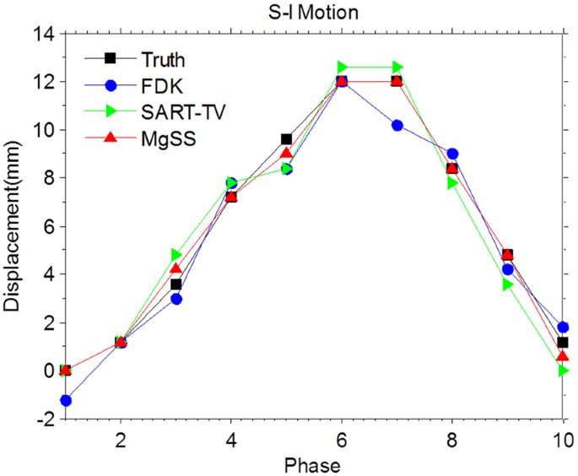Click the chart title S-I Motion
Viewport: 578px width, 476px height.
[x=313, y=12]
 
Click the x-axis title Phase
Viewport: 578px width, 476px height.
[x=313, y=463]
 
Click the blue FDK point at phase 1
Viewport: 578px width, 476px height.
[x=65, y=400]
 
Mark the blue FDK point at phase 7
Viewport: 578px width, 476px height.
[x=397, y=125]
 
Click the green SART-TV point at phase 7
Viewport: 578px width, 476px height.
[x=397, y=67]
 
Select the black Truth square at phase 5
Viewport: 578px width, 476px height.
[x=287, y=139]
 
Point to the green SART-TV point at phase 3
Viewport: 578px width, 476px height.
[x=176, y=255]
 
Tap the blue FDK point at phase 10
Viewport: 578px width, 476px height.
[x=563, y=327]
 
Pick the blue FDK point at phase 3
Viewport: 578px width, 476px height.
[x=176, y=299]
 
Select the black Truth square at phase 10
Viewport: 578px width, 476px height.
[x=563, y=342]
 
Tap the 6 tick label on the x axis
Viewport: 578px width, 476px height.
[x=342, y=440]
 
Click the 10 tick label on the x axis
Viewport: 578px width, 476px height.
[x=562, y=440]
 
